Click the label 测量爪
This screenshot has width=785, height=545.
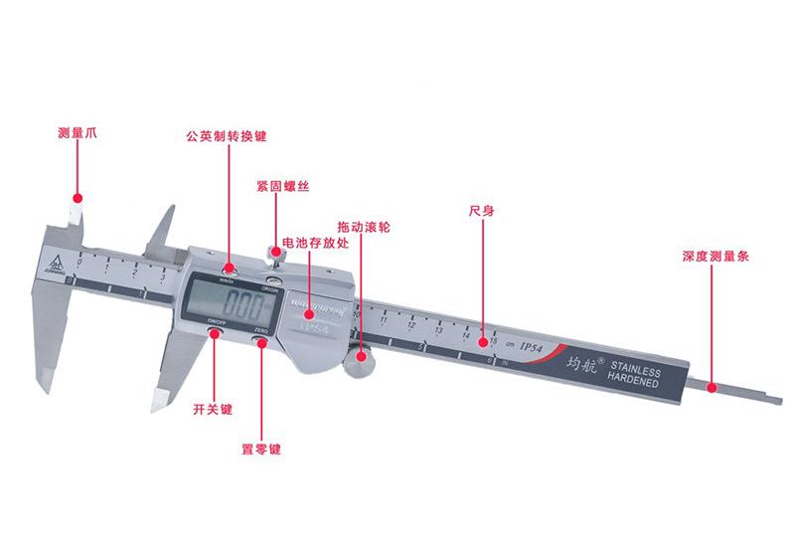[77, 132]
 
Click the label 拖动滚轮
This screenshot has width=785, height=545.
[364, 227]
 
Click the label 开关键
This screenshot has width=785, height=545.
[214, 408]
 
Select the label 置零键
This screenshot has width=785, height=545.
[262, 449]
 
